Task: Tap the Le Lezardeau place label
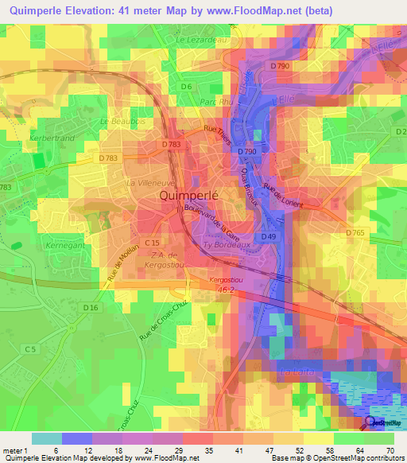(x=203, y=38)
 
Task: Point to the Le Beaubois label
(x=116, y=121)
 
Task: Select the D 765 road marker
(x=357, y=231)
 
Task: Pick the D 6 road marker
(x=187, y=86)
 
